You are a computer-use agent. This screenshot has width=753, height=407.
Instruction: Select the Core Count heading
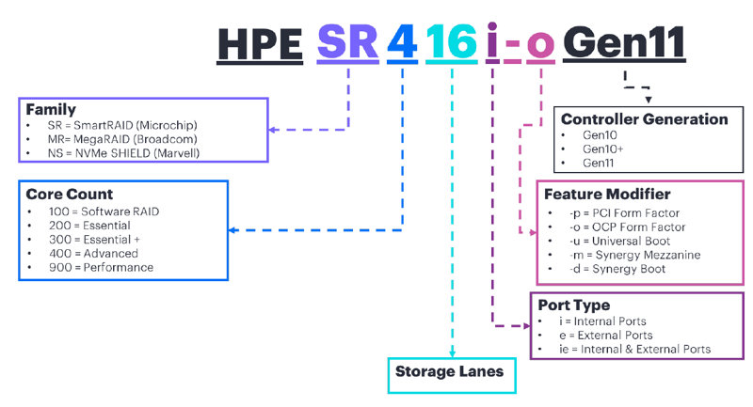(x=70, y=196)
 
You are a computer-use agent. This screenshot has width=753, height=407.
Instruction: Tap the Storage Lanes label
(x=450, y=372)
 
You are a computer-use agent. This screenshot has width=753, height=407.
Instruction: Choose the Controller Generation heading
(x=644, y=119)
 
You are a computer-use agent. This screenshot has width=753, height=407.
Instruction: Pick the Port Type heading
(x=573, y=305)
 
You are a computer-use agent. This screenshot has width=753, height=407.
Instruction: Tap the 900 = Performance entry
(x=103, y=267)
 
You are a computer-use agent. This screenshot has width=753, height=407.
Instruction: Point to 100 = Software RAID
(x=104, y=211)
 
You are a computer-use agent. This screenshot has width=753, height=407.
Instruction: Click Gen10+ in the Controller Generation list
(x=602, y=149)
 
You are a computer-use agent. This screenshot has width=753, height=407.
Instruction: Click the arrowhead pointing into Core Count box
(x=234, y=229)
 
